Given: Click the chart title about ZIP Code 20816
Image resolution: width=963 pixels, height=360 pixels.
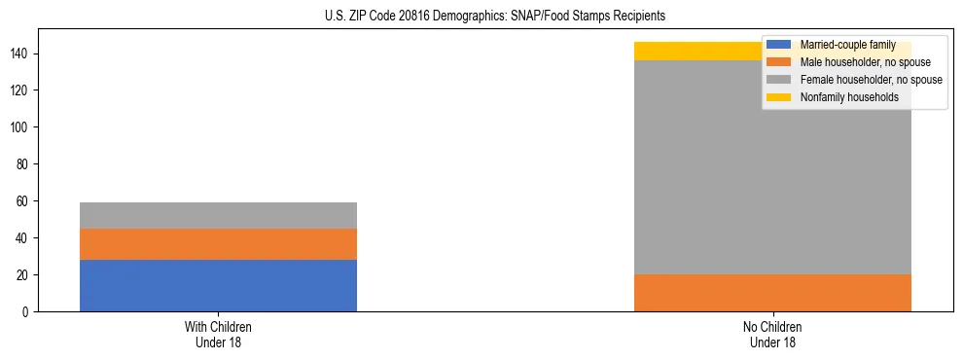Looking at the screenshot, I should pos(481,16).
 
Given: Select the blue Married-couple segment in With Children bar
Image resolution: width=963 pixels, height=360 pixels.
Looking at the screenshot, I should pos(218,285).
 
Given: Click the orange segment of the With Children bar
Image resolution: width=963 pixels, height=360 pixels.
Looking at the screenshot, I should pos(218,244).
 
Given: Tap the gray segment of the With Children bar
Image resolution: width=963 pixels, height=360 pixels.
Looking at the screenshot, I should pos(218,215).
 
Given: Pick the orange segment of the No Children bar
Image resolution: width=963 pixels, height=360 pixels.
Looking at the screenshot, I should pos(772,293).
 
